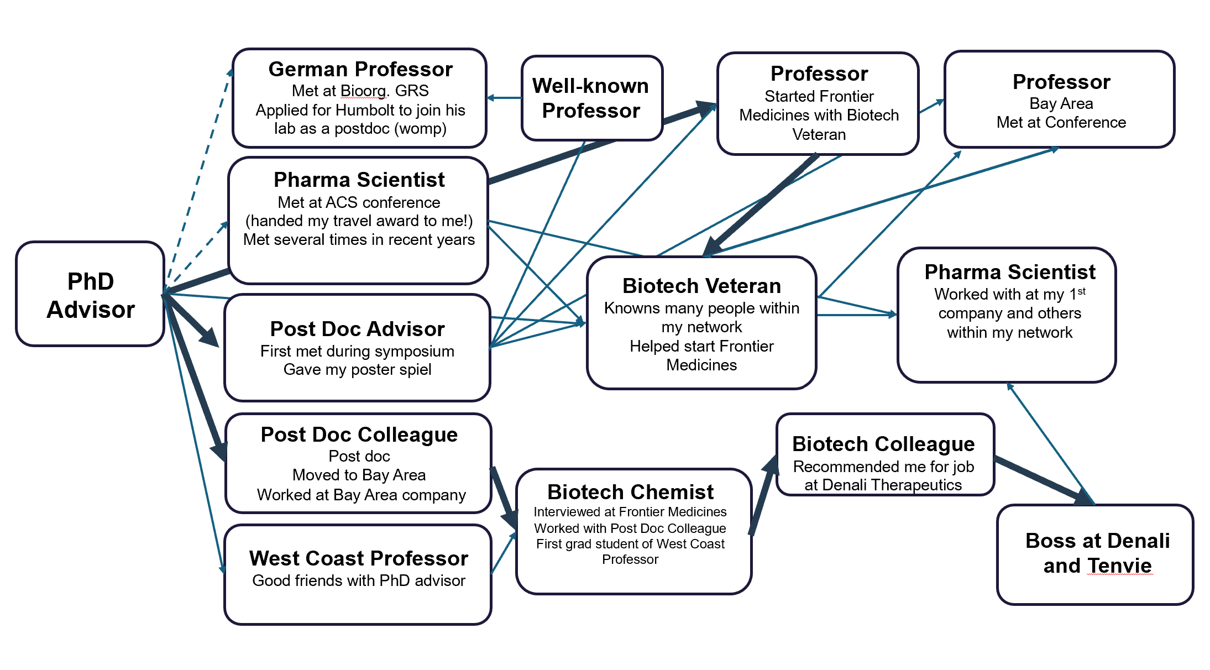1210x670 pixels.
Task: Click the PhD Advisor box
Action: click(x=90, y=295)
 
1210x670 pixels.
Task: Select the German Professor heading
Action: click(x=360, y=70)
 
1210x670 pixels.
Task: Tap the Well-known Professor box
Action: click(x=591, y=98)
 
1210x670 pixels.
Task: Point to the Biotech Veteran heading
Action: click(x=701, y=286)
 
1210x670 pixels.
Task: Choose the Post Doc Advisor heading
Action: click(x=357, y=329)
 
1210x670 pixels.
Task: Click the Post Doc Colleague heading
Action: click(x=359, y=435)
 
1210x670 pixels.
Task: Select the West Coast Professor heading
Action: click(x=358, y=558)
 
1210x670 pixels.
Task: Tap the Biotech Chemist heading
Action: click(x=630, y=492)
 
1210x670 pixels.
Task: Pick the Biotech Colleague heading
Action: click(x=883, y=444)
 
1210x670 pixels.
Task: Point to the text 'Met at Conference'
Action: click(x=1061, y=122)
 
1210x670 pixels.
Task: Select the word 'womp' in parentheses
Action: click(x=420, y=129)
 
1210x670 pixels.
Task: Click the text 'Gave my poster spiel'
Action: click(x=357, y=369)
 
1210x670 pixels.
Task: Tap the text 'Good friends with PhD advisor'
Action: click(x=358, y=580)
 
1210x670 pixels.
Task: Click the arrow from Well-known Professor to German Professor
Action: click(x=504, y=98)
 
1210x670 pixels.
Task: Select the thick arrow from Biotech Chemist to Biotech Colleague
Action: click(x=762, y=498)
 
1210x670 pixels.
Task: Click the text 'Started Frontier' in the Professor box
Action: click(x=819, y=96)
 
